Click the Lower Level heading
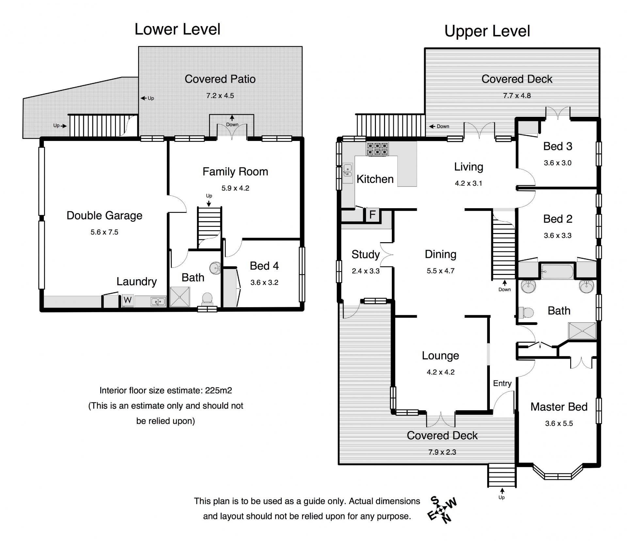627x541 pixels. (177, 29)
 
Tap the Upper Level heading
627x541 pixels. (487, 31)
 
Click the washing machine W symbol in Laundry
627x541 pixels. (128, 300)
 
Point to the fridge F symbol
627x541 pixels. (372, 215)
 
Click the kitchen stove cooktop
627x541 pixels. (378, 149)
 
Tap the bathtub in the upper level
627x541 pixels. (557, 271)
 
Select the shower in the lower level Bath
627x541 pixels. (180, 297)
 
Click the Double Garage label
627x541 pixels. (104, 215)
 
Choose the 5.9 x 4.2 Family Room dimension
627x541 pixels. (235, 188)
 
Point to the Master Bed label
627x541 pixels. (559, 407)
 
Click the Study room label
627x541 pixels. (365, 254)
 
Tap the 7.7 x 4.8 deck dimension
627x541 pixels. (517, 96)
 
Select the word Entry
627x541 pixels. (502, 383)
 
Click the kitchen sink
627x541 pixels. (348, 172)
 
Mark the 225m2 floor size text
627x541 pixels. (218, 390)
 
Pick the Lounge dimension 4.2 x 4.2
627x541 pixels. (441, 372)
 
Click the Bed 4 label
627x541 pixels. (264, 266)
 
